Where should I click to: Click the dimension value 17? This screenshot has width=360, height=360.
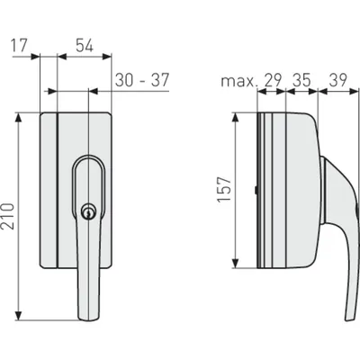[19, 46]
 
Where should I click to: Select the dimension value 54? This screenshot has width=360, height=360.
[85, 46]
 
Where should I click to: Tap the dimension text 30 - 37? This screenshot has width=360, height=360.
[142, 80]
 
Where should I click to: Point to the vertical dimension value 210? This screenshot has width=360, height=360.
[7, 216]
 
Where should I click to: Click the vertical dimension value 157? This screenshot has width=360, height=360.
[225, 189]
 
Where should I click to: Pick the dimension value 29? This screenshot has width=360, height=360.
[273, 80]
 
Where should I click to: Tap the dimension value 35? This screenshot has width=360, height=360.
[301, 80]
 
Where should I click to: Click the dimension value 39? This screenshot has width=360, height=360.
[338, 80]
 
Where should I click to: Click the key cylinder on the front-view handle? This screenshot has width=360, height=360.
[88, 212]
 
